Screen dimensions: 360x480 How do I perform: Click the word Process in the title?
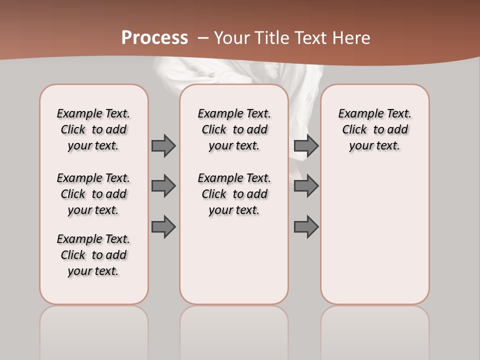point(154,37)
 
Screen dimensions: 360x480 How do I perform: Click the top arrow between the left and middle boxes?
point(163,145)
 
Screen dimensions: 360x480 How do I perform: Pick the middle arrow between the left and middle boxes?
point(163,186)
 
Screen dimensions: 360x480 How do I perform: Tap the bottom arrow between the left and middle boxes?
point(163,227)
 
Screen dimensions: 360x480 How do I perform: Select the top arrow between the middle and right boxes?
point(306,145)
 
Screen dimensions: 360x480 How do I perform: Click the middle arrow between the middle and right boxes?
point(306,186)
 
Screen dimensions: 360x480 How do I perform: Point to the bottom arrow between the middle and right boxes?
point(306,227)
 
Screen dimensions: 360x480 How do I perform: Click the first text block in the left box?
point(93,129)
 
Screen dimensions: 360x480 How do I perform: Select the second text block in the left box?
point(93,194)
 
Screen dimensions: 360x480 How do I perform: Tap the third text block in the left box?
point(93,255)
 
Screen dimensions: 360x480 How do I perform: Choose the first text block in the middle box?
point(234,129)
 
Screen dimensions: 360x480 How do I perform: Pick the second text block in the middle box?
point(234,194)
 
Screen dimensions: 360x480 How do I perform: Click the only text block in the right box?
point(374,129)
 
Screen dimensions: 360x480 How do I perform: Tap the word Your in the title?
point(232,38)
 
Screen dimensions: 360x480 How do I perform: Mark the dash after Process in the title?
point(203,38)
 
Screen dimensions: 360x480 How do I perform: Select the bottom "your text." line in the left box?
point(93,271)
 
